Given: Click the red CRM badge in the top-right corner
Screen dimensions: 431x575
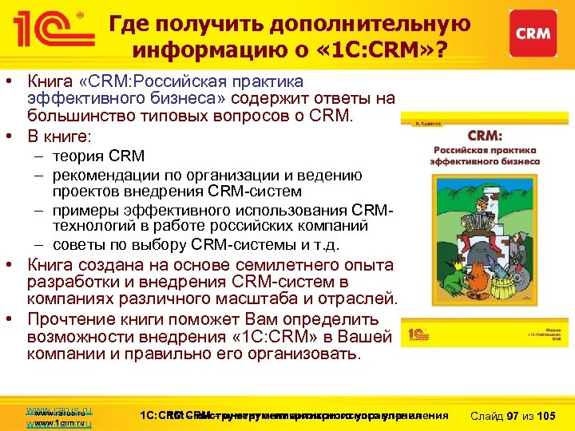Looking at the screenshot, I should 532,34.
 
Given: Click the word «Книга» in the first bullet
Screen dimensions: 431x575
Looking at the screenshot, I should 50,82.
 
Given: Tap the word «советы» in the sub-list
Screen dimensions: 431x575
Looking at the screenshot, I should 80,244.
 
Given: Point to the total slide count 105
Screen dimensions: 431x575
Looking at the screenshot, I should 546,417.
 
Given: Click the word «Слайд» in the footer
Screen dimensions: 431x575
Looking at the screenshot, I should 486,417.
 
